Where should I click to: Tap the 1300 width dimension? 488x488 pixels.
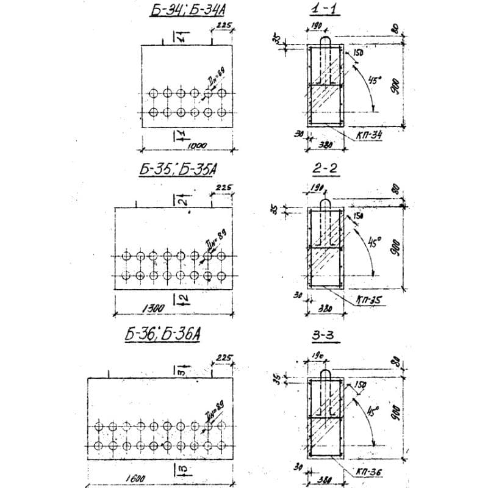point(152,309)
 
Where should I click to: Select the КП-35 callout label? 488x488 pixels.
point(371,300)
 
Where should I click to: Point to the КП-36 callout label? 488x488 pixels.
point(370,472)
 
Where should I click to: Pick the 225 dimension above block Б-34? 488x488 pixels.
point(223,26)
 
